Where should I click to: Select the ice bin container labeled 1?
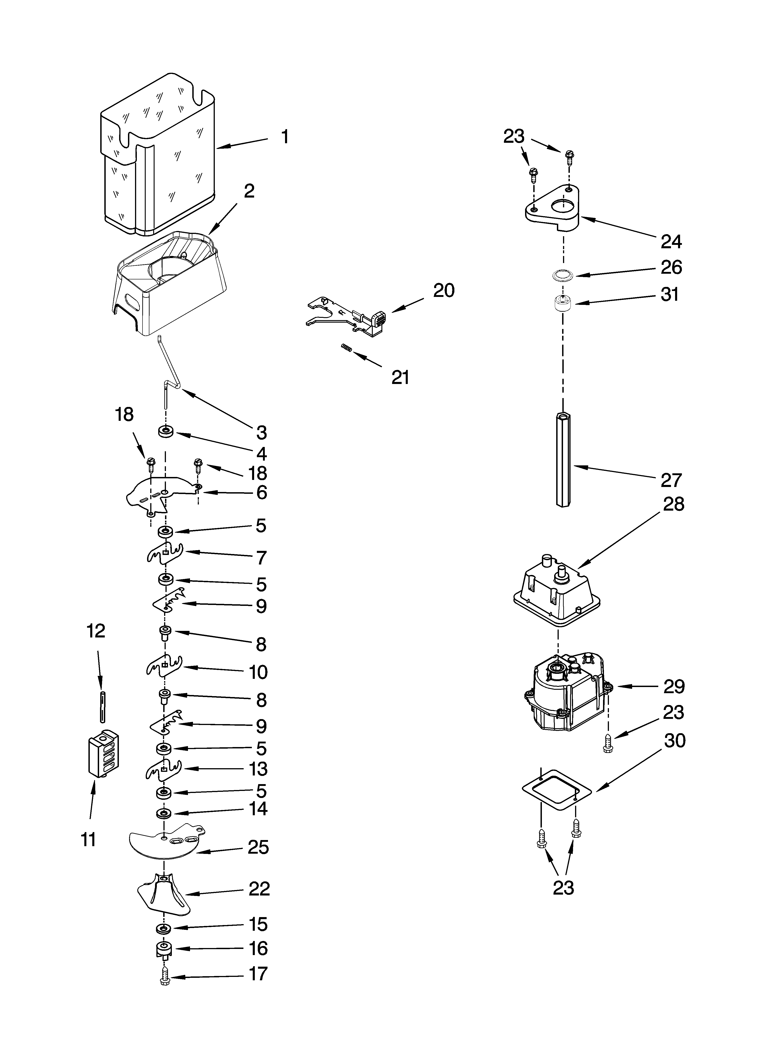(158, 153)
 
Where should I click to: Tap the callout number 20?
(443, 291)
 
